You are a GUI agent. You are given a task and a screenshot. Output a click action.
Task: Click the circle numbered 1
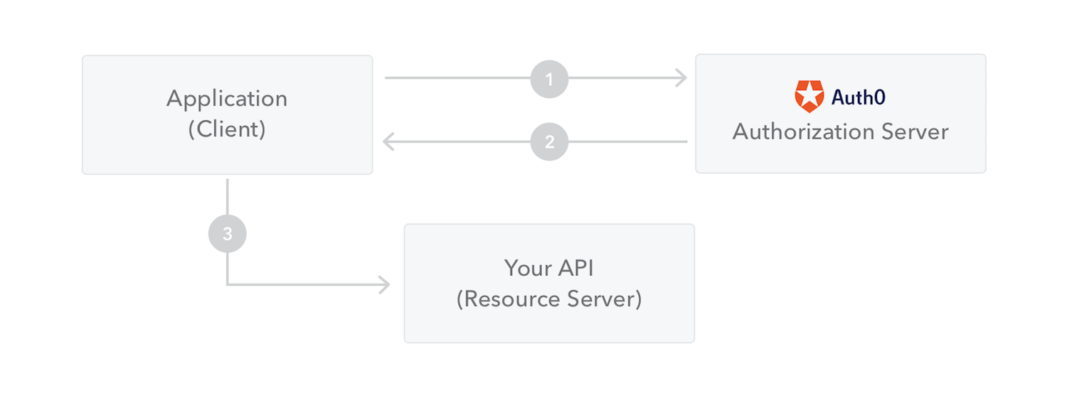pyautogui.click(x=549, y=78)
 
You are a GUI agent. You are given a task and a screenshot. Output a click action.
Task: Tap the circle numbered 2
pyautogui.click(x=549, y=141)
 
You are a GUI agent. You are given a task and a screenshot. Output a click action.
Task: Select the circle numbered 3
pyautogui.click(x=227, y=234)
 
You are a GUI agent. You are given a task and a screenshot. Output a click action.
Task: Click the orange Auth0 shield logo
pyautogui.click(x=809, y=97)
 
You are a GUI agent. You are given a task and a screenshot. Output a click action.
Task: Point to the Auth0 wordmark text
pyautogui.click(x=859, y=97)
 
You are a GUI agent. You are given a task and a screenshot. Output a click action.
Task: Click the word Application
pyautogui.click(x=227, y=98)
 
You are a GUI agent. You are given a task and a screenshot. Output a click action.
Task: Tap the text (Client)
pyautogui.click(x=227, y=129)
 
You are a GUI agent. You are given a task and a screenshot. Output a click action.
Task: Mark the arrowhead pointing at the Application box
pyautogui.click(x=388, y=141)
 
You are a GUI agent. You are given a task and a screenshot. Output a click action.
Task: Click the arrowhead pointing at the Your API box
pyautogui.click(x=385, y=285)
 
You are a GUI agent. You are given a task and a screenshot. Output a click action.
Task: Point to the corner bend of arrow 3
pyautogui.click(x=227, y=285)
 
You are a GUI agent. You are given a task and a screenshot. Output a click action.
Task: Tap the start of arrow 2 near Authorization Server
pyautogui.click(x=685, y=141)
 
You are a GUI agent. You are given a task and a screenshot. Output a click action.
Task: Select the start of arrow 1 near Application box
pyautogui.click(x=387, y=78)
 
